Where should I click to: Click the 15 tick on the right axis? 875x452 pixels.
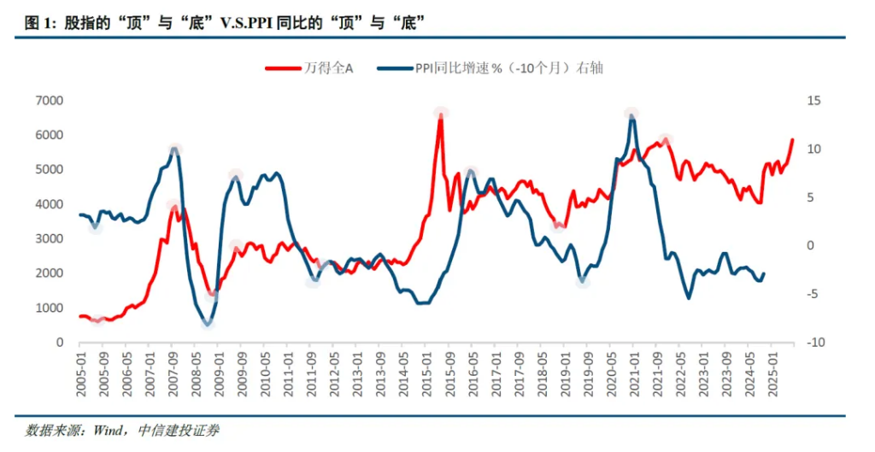pos(813,101)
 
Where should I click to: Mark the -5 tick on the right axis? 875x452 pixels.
pos(813,294)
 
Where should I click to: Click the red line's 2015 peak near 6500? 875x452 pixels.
pos(441,115)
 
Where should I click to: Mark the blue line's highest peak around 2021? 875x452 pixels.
pos(631,116)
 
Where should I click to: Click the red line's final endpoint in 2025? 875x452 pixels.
pos(792,139)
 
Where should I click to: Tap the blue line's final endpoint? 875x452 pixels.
pos(763,273)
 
